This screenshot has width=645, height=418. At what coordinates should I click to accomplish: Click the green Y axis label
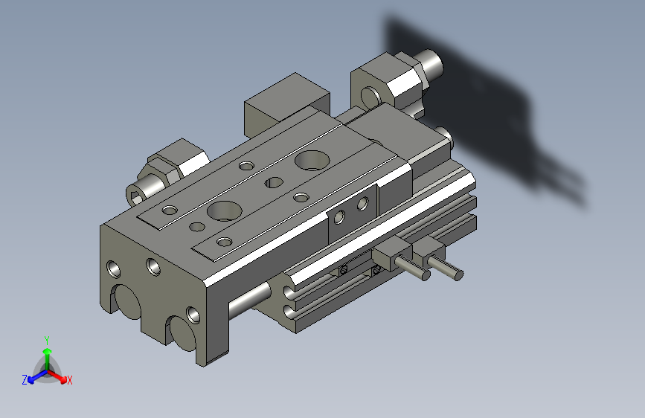coord(46,338)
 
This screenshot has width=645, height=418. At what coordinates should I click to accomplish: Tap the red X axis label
coord(70,380)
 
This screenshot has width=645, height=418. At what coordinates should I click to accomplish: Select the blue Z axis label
coord(25,379)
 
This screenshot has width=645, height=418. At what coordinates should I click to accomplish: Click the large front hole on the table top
coord(222,210)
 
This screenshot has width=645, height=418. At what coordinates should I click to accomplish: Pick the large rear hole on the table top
coord(309,159)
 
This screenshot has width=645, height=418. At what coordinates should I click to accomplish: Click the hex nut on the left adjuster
coord(177,162)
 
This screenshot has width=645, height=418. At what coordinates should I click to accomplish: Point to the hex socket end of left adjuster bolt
coord(138,196)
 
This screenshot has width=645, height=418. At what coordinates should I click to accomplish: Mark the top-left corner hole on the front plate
coord(113,267)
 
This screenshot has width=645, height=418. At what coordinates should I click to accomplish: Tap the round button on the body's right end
coord(445,135)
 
